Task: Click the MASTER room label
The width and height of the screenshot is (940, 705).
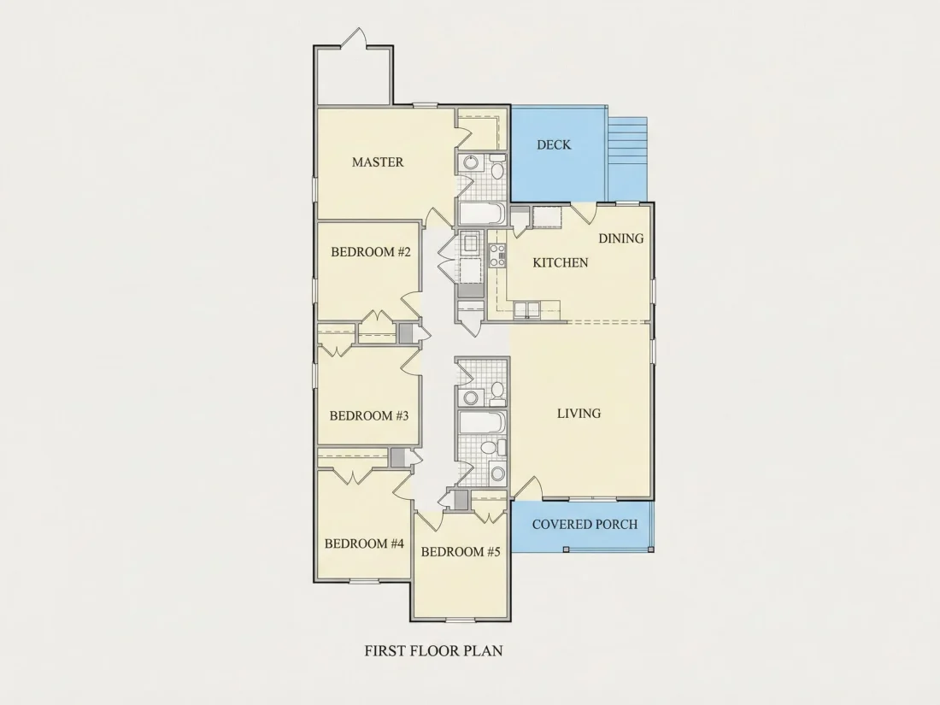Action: tap(378, 162)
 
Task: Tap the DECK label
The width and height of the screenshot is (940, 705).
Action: tap(554, 144)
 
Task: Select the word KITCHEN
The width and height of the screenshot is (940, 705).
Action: tap(561, 262)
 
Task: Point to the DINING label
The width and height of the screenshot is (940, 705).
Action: tap(621, 238)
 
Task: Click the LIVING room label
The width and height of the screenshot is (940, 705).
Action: tap(579, 413)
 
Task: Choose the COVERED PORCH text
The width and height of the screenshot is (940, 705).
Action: tap(585, 524)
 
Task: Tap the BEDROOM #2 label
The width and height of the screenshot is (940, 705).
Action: tap(371, 252)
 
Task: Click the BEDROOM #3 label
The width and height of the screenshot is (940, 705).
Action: tap(369, 415)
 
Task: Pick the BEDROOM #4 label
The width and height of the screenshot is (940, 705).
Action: tap(365, 543)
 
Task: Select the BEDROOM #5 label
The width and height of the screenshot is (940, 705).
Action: tap(461, 551)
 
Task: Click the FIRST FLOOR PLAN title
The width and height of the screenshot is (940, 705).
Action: tap(433, 650)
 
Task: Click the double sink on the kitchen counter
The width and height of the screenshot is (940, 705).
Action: tap(527, 308)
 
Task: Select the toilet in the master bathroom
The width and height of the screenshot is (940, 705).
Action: tap(497, 167)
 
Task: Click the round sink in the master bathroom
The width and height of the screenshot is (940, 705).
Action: tap(471, 162)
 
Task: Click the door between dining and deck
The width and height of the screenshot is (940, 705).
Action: tap(583, 213)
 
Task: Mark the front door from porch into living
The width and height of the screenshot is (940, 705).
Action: tap(527, 487)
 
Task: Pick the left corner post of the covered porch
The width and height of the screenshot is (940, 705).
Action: tap(566, 549)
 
